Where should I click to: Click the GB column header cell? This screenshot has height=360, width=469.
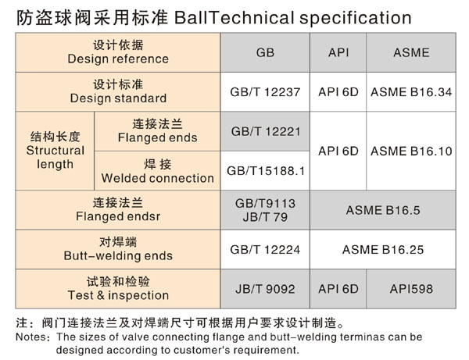pos(265,52)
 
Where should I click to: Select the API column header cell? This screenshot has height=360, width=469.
pos(338,52)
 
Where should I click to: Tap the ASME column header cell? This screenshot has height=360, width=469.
pos(411,52)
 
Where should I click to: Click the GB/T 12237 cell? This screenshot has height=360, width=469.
pos(265,92)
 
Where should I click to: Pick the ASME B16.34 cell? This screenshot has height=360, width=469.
pos(411,92)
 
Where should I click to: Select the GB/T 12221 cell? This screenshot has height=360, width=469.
pos(265,131)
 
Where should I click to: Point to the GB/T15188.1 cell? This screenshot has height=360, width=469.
pos(265,171)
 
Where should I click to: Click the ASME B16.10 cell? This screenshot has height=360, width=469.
pos(411,151)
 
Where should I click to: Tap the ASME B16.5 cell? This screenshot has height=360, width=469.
pos(383,210)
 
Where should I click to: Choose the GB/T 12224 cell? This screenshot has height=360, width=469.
pos(265,250)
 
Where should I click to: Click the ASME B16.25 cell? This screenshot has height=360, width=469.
pos(383,250)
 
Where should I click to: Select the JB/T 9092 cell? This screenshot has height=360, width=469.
pos(265,289)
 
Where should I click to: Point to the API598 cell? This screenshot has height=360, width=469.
pos(411,289)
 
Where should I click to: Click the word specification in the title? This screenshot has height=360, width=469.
pos(356,18)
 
